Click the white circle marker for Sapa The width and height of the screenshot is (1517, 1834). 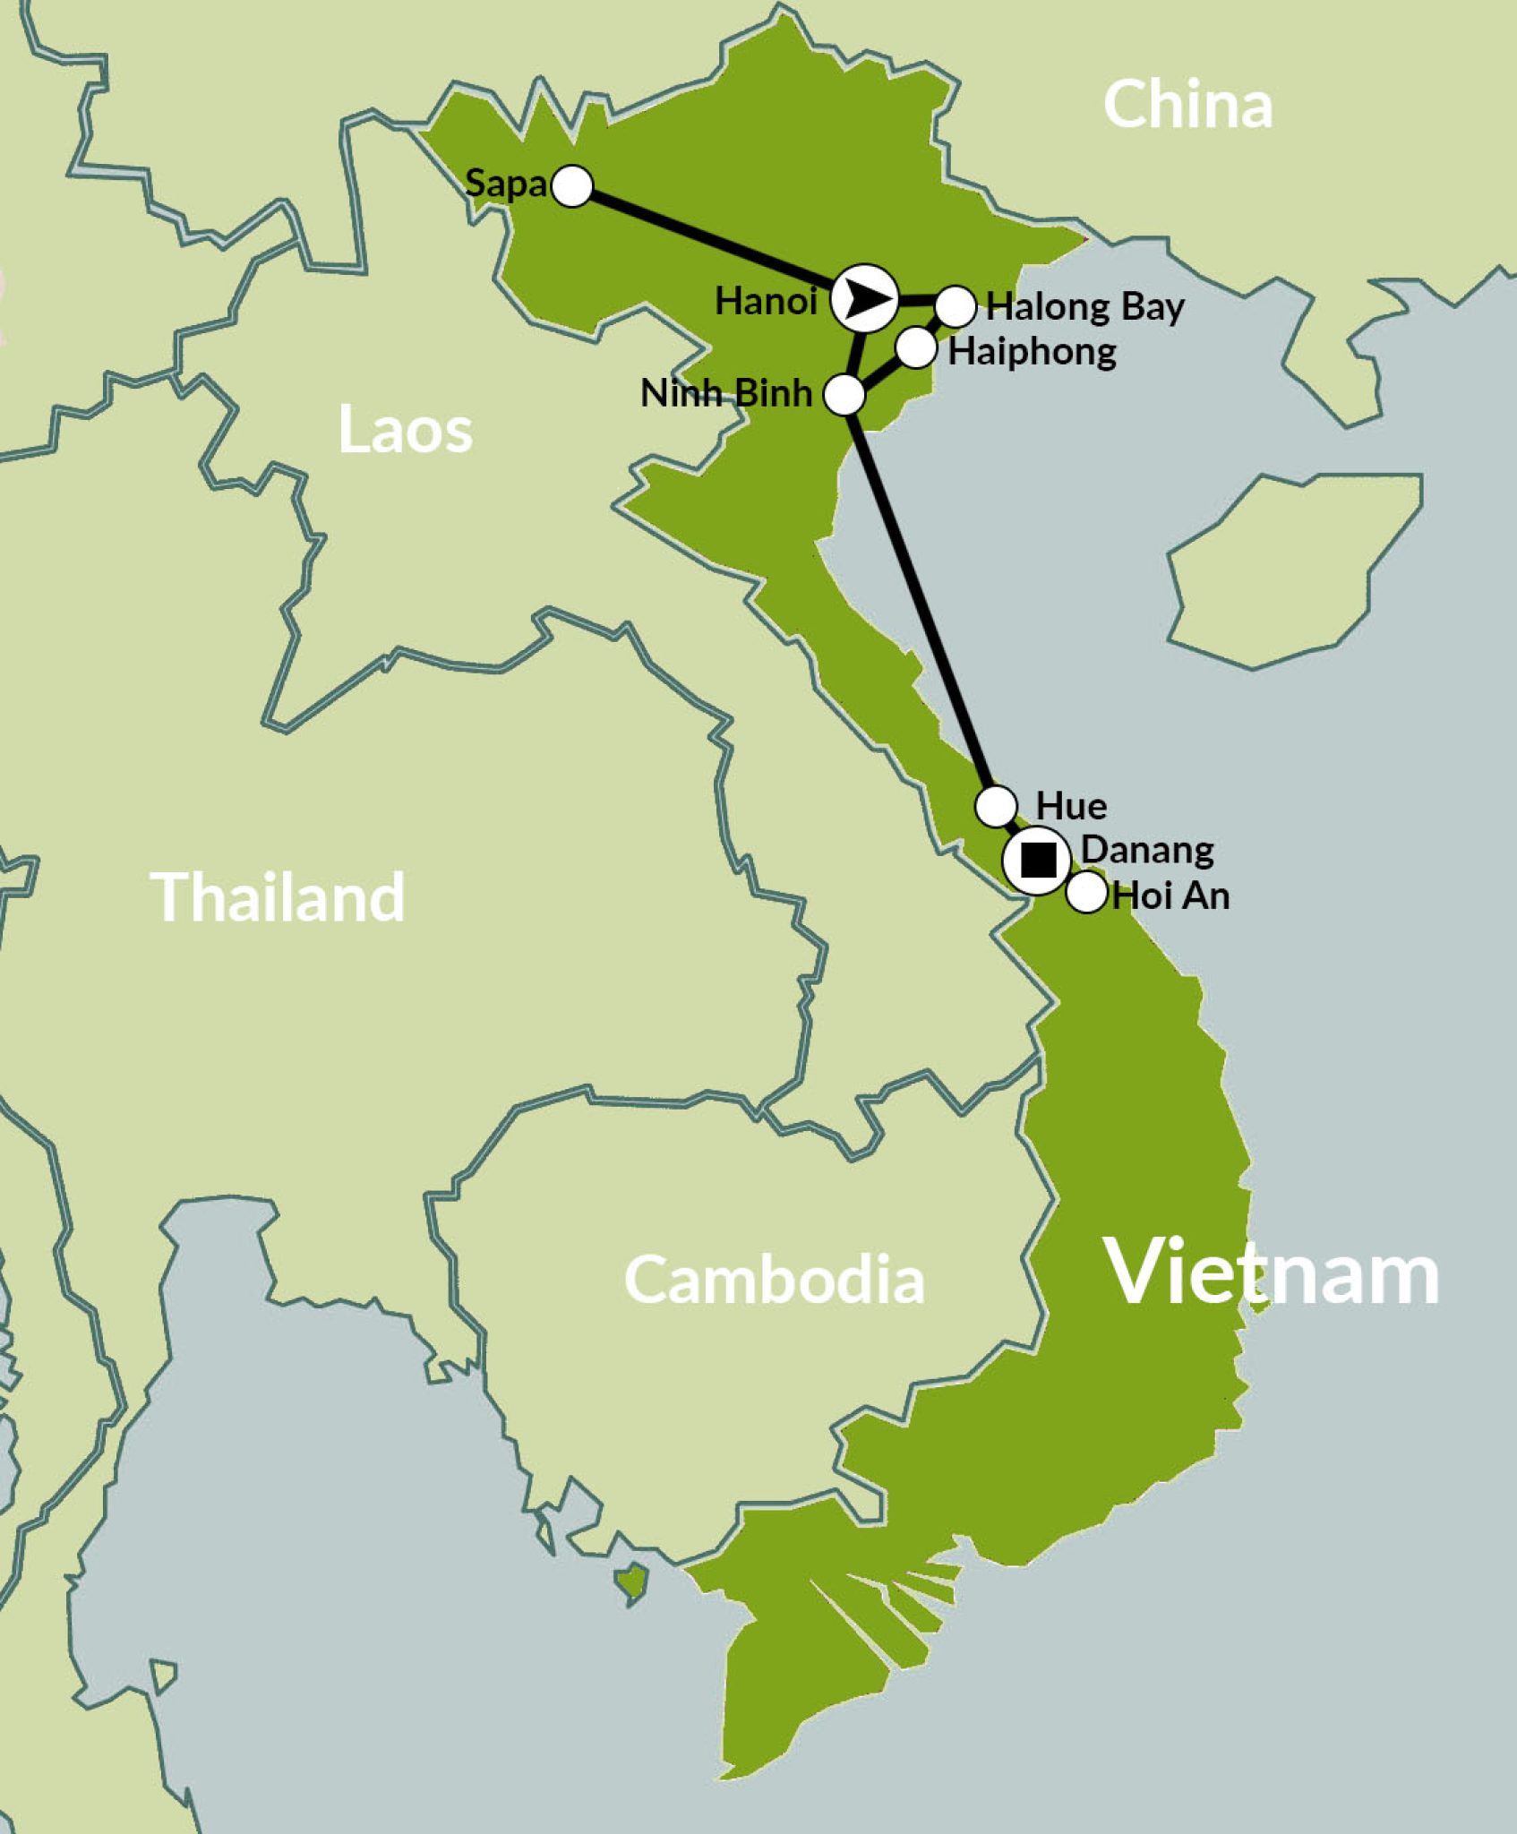click(572, 186)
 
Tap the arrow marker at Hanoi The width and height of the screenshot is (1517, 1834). click(864, 299)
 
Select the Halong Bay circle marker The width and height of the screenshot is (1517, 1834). click(956, 306)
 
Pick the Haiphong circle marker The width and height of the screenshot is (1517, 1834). click(915, 347)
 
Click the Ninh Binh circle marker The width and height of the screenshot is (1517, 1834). click(844, 394)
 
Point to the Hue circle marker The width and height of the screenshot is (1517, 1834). click(996, 806)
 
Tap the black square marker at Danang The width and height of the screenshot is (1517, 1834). click(1038, 861)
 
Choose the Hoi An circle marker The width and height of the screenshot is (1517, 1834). click(1087, 892)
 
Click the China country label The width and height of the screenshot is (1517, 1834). click(1187, 105)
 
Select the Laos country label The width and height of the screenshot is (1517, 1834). click(405, 431)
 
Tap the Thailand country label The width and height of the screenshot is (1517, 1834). click(279, 897)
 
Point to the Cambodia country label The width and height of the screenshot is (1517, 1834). click(774, 1280)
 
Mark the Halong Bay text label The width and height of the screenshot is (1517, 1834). click(1085, 307)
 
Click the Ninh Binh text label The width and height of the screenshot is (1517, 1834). click(725, 393)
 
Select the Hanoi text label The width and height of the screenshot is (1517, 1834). click(766, 302)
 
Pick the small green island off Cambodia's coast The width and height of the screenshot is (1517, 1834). click(632, 1582)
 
